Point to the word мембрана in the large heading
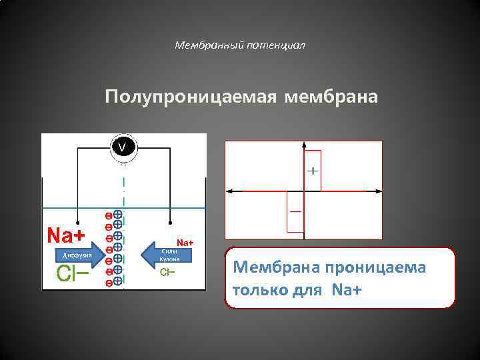[x=331, y=97]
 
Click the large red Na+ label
[x=66, y=235]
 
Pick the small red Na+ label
[x=185, y=242]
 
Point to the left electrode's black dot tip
[x=78, y=223]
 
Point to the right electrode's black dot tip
[x=170, y=223]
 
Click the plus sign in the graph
[x=312, y=171]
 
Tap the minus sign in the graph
[x=295, y=211]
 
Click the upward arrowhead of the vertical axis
[x=304, y=144]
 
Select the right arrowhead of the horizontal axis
[x=379, y=191]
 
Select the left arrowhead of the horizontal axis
[x=230, y=191]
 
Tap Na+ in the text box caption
[x=345, y=291]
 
